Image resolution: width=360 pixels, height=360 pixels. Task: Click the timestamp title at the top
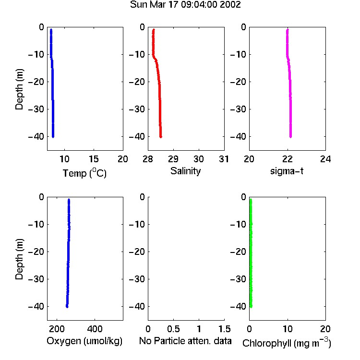[x=185, y=5]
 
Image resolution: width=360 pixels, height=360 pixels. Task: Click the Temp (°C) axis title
[x=84, y=173]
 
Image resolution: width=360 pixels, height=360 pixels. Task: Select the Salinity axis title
[x=185, y=171]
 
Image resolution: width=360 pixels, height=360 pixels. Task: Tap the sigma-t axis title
[x=287, y=171]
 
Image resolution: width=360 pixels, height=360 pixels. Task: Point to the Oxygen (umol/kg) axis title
[x=84, y=341]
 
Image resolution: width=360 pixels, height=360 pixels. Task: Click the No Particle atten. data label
[x=185, y=341]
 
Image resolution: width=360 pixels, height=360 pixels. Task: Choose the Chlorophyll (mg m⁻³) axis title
[x=287, y=343]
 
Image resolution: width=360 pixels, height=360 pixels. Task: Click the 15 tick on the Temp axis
[x=94, y=159]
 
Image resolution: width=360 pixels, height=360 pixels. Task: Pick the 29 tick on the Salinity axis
[x=173, y=159]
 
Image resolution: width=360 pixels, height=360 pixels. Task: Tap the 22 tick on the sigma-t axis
[x=288, y=159]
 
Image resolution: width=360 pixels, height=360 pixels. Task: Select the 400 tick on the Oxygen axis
[x=95, y=329]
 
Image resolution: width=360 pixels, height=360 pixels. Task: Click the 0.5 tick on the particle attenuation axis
[x=173, y=329]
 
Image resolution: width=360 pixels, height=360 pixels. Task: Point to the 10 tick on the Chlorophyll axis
[x=288, y=329]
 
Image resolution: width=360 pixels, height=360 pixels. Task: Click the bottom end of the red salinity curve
[x=161, y=137]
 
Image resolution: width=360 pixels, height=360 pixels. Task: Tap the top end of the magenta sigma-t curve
[x=288, y=29]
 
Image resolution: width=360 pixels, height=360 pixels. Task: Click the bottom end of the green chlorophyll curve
[x=251, y=307]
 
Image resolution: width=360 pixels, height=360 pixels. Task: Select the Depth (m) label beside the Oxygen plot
[x=19, y=259]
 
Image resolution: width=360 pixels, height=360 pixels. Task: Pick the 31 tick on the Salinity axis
[x=224, y=159]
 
